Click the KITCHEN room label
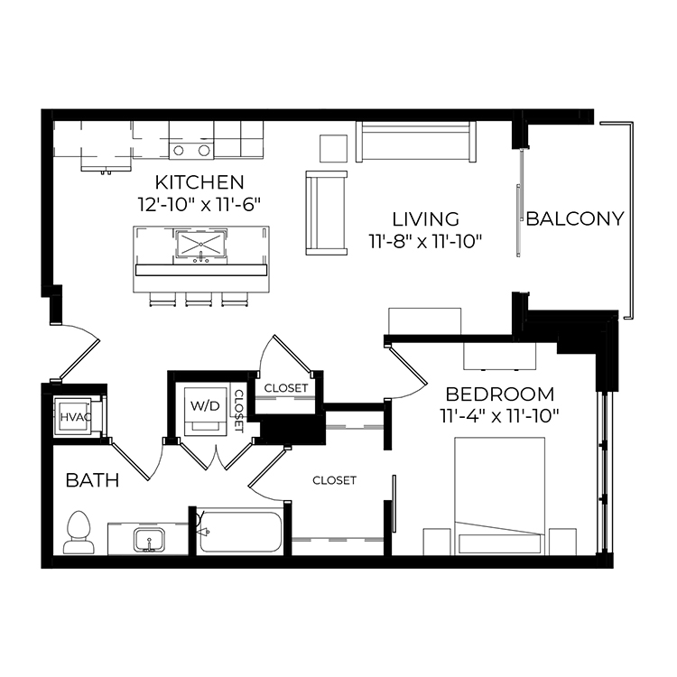(199, 182)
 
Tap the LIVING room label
(425, 219)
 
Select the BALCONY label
(575, 219)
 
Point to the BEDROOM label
(500, 394)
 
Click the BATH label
(92, 480)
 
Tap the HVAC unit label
(76, 417)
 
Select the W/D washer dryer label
(205, 405)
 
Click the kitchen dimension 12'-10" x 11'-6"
(199, 204)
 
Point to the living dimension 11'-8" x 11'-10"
(425, 241)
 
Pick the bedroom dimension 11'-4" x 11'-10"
(500, 417)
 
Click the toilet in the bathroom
(79, 533)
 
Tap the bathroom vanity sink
(149, 539)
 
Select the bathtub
(240, 532)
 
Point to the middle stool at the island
(199, 299)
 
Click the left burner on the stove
(179, 151)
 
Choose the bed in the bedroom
(499, 496)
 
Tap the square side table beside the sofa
(333, 149)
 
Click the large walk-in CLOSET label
(334, 480)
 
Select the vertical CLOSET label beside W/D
(239, 411)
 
